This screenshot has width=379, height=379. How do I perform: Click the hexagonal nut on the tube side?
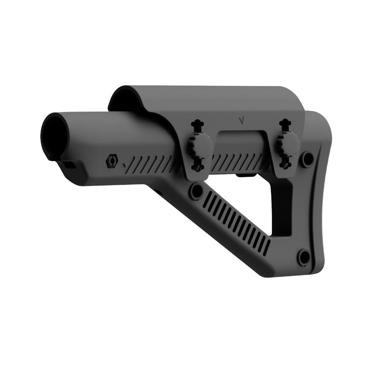(x=112, y=160)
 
